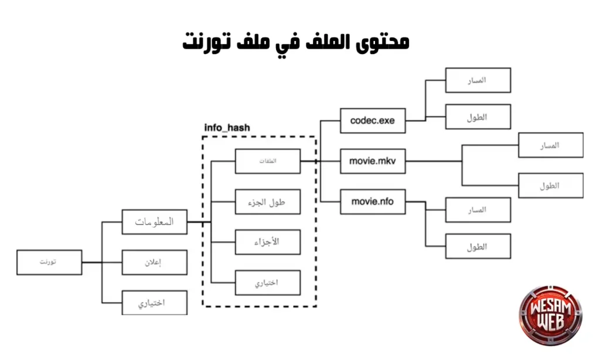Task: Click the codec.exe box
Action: pyautogui.click(x=373, y=121)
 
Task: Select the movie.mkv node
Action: pyautogui.click(x=373, y=161)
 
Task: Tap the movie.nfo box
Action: pyautogui.click(x=373, y=202)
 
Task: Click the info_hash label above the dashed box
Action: pyautogui.click(x=226, y=127)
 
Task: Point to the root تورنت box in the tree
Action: pyautogui.click(x=50, y=262)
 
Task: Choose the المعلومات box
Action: pyautogui.click(x=155, y=222)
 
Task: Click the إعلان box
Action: pyautogui.click(x=155, y=262)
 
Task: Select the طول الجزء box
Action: pyautogui.click(x=268, y=202)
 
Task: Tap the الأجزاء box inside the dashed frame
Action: pyautogui.click(x=268, y=242)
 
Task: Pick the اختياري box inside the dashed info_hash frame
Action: pyautogui.click(x=268, y=283)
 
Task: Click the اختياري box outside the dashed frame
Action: pyautogui.click(x=155, y=303)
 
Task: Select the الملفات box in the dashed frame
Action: pyautogui.click(x=268, y=161)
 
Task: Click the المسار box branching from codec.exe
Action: pyautogui.click(x=478, y=80)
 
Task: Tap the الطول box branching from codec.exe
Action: pyautogui.click(x=478, y=117)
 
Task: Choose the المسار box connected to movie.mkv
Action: pyautogui.click(x=550, y=145)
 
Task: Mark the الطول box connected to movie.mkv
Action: pyautogui.click(x=550, y=185)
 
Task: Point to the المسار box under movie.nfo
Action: pyautogui.click(x=478, y=210)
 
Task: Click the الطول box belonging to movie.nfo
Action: pyautogui.click(x=478, y=246)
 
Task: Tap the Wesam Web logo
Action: pyautogui.click(x=551, y=317)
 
